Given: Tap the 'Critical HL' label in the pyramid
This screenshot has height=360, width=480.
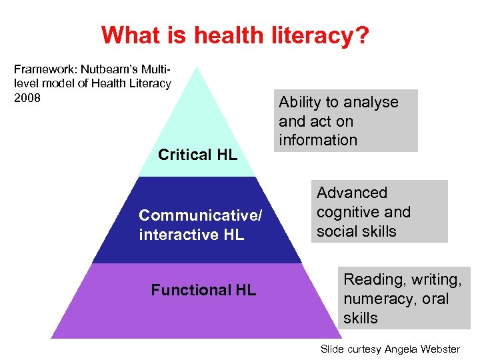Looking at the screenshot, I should [x=197, y=155].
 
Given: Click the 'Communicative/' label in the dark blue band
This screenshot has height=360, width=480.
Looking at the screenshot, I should [x=201, y=215].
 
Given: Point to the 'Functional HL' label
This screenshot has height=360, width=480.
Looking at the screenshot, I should [x=203, y=290].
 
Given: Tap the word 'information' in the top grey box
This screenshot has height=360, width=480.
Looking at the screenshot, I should [x=318, y=140].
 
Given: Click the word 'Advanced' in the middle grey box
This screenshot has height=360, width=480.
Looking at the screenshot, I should [x=352, y=193].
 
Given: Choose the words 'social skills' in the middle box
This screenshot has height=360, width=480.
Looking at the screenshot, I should [x=357, y=231].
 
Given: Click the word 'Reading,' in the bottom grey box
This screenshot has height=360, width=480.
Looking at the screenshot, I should [x=371, y=280].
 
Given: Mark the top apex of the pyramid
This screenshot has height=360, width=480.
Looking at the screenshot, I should [x=196, y=66].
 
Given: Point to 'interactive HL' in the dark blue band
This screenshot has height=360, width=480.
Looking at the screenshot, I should [x=191, y=235].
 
